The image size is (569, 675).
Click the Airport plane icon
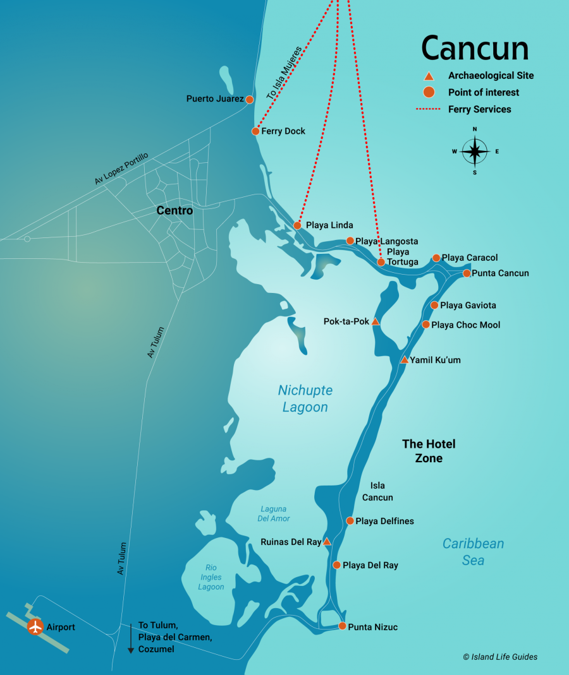coord(35,627)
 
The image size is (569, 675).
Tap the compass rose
coord(475,151)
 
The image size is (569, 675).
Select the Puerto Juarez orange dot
coord(250,99)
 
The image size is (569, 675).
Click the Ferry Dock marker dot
coord(255,131)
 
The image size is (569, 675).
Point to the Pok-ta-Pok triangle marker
coord(375,322)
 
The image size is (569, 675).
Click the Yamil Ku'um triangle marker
coord(404,360)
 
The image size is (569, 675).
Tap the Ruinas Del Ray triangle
coord(327,542)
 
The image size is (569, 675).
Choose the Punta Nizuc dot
coord(342,626)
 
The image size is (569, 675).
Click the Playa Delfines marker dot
coord(350,521)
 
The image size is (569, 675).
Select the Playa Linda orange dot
coord(297,225)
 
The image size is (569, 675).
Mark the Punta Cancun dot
coord(467,273)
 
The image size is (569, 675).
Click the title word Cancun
coord(475,48)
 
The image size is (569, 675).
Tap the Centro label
coord(174,211)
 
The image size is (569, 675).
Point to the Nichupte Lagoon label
coord(305,398)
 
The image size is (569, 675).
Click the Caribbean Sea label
coord(473,551)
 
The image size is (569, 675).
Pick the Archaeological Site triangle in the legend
coord(429,76)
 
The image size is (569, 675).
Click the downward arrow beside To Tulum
coord(131,638)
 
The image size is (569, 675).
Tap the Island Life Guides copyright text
coord(500,657)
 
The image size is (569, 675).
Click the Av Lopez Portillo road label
coord(121,169)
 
